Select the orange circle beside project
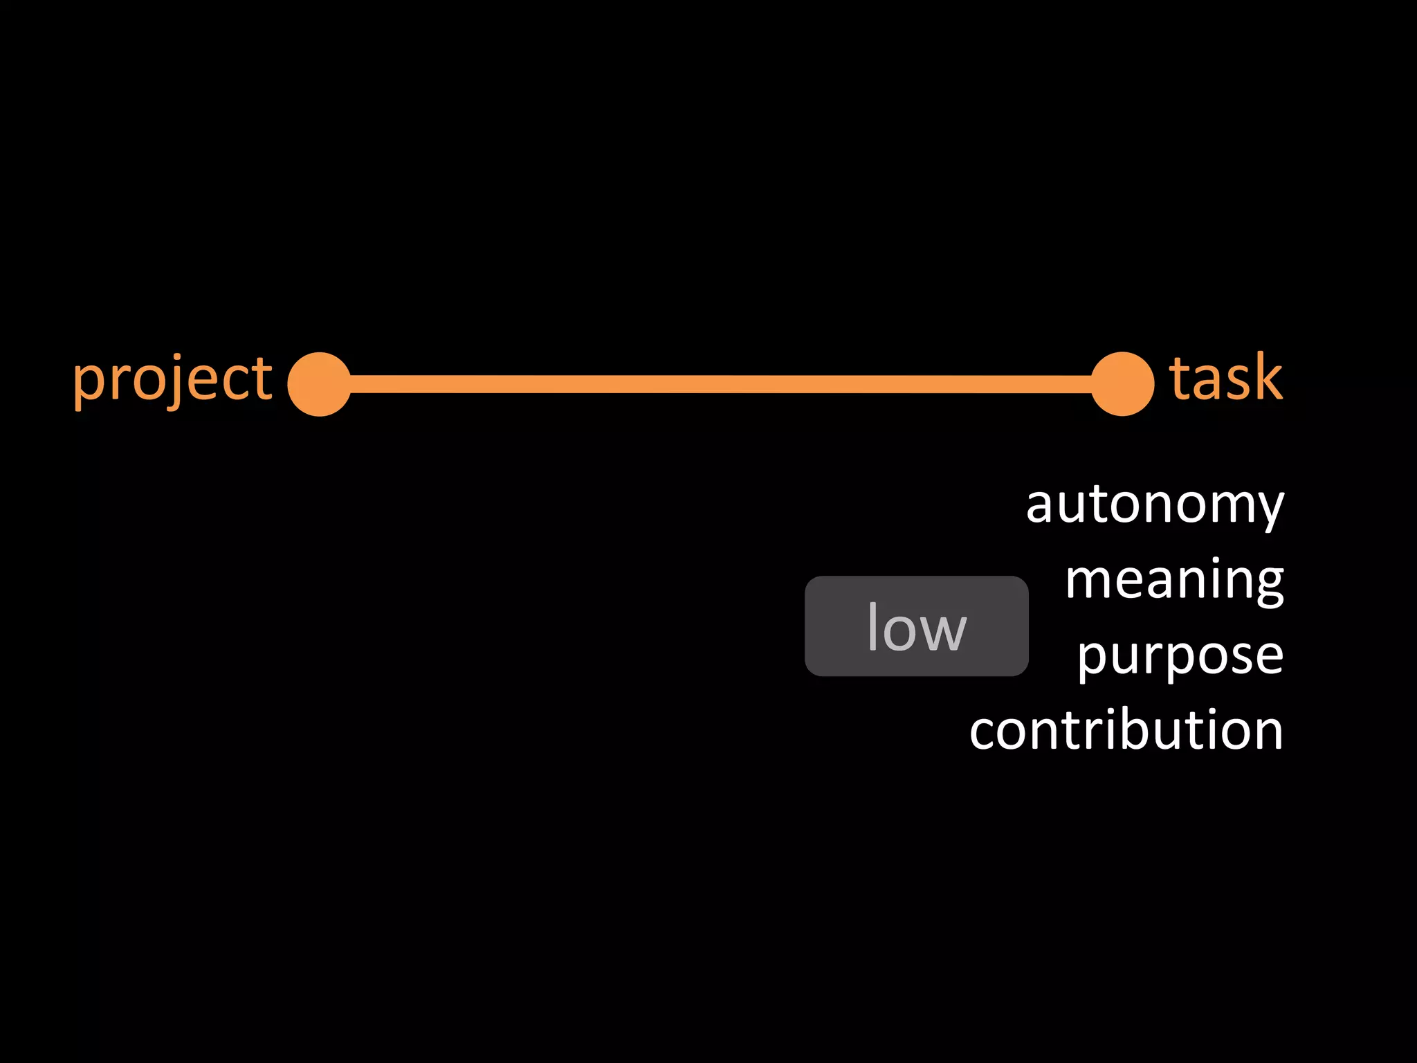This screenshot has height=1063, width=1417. pos(319,384)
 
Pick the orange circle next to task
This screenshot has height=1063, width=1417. pos(1122,384)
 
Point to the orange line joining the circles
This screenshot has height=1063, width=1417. pos(720,384)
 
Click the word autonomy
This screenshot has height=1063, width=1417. pos(1154,505)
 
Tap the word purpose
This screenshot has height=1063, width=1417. pos(1180,656)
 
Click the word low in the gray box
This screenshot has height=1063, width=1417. pos(916,627)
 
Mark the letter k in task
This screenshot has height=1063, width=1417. pos(1265,378)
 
